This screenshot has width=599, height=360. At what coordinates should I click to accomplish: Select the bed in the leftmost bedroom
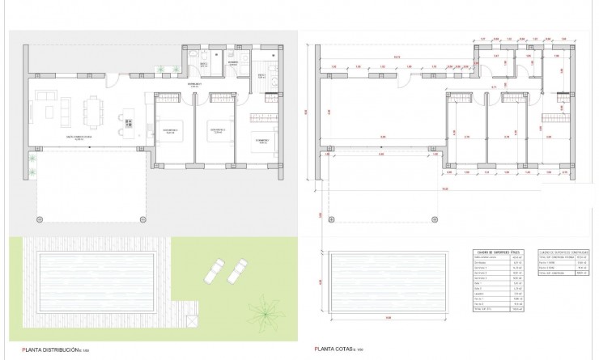(171, 133)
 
